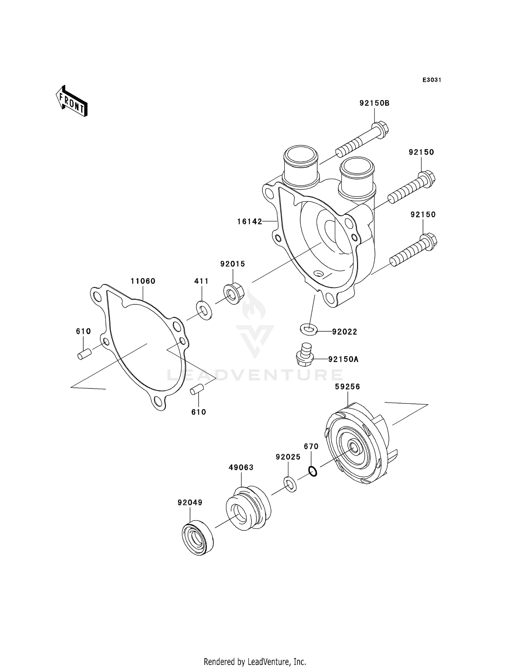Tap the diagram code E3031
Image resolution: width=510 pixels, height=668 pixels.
click(x=431, y=80)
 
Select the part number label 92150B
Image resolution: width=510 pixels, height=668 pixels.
click(x=374, y=103)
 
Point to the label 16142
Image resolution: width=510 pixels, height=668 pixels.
click(x=250, y=222)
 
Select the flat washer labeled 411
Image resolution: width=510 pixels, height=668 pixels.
click(x=204, y=310)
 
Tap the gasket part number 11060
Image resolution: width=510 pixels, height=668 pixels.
click(x=143, y=281)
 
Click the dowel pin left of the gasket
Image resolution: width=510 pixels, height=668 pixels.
click(x=84, y=354)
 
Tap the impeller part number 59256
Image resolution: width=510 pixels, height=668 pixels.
click(x=347, y=387)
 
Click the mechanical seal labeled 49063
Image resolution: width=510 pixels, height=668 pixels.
click(x=248, y=509)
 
